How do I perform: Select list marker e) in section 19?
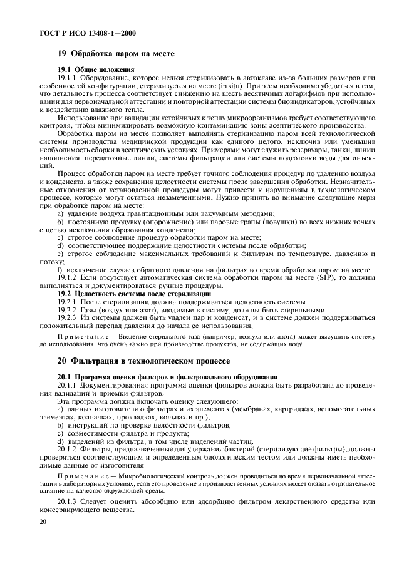coord(61,254)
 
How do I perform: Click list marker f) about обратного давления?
coord(60,270)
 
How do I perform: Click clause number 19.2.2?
coord(69,309)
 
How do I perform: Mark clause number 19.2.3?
coord(69,317)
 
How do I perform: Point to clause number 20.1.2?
coord(69,449)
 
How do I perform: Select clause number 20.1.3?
coord(69,501)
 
